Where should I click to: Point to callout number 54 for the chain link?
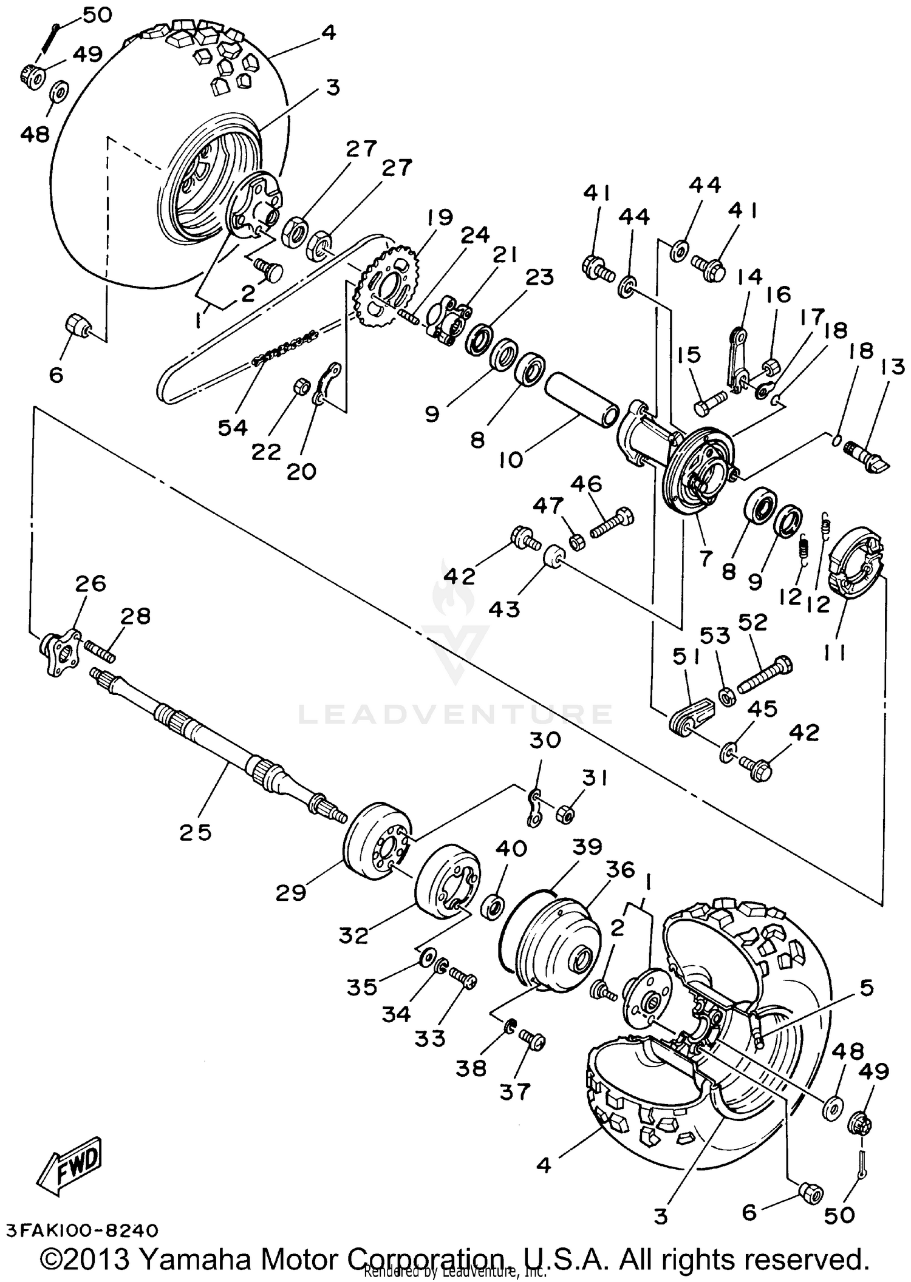[233, 427]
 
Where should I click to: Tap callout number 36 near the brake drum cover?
[619, 870]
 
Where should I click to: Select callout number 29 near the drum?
[290, 893]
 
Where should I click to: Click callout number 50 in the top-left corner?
[97, 15]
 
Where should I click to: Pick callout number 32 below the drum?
[353, 935]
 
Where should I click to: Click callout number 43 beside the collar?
[504, 608]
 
